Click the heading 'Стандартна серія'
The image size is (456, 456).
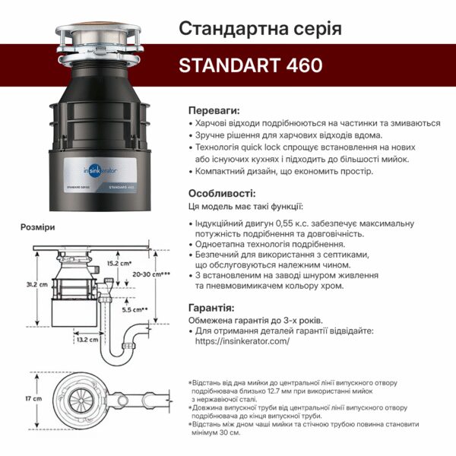coord(259,29)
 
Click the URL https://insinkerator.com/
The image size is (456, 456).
coord(242,342)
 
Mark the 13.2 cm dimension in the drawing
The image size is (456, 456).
coord(89,340)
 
